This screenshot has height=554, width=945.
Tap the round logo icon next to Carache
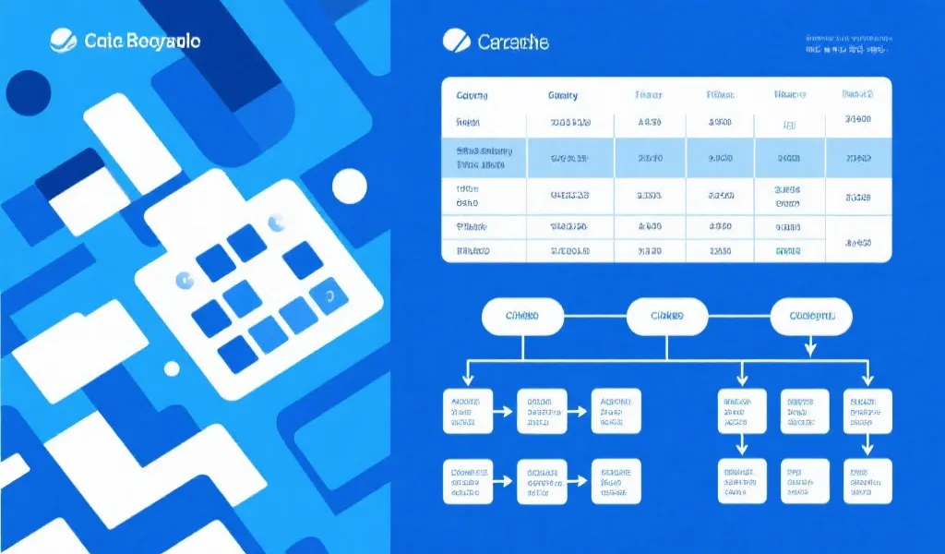click(x=456, y=41)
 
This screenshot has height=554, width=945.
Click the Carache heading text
click(x=513, y=42)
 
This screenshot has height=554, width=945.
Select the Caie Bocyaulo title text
click(x=142, y=42)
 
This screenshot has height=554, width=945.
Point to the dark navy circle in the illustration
click(x=28, y=92)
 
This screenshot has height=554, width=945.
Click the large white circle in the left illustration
click(x=350, y=186)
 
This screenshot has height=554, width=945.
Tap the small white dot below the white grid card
click(x=173, y=369)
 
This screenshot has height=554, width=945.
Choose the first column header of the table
click(x=472, y=95)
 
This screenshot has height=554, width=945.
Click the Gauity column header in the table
click(x=563, y=95)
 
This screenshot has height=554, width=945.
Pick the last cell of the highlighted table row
click(x=858, y=158)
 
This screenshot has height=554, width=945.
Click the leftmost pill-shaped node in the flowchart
click(x=522, y=317)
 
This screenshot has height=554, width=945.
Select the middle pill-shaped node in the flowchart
click(x=666, y=317)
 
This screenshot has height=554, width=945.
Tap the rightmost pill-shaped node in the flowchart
click(x=811, y=317)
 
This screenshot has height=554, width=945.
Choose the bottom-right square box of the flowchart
click(x=867, y=480)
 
